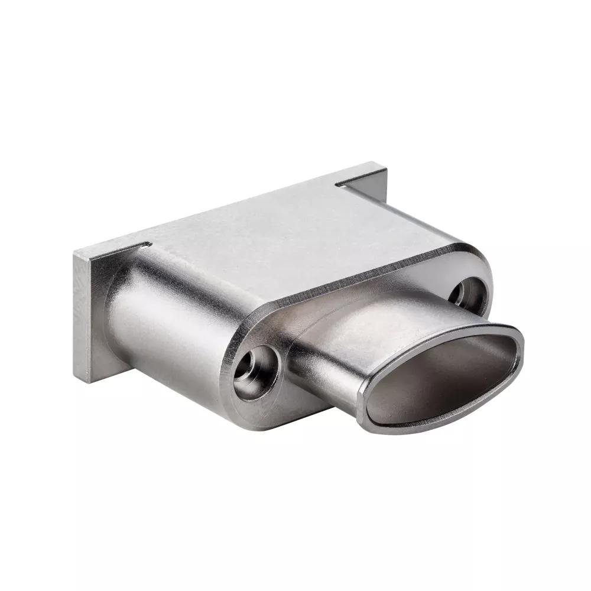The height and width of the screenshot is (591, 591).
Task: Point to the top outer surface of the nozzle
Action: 366,331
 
